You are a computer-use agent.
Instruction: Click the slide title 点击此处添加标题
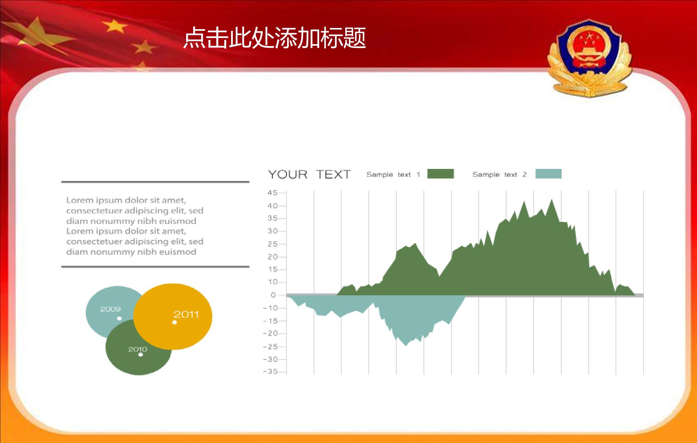(274, 38)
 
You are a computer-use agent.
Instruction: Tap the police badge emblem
(589, 58)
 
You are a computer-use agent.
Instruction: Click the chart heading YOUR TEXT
(309, 174)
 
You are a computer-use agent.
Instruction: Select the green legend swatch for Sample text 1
(440, 174)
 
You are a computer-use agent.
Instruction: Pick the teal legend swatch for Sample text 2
(548, 174)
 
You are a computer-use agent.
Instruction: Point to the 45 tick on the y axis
(272, 193)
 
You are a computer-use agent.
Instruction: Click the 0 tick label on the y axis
(273, 295)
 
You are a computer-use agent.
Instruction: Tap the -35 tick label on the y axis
(270, 371)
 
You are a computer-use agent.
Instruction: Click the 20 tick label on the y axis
(272, 257)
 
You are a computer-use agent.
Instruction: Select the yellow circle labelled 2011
(173, 316)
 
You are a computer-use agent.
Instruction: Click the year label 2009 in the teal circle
(110, 309)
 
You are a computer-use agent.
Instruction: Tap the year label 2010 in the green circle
(138, 349)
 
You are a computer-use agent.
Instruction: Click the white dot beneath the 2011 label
(175, 323)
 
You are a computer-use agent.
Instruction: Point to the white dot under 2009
(119, 318)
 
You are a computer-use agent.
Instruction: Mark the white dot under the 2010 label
(141, 355)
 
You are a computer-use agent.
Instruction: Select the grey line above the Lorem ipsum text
(155, 182)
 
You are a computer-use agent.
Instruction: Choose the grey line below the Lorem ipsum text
(155, 267)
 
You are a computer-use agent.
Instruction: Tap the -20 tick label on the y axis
(270, 333)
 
